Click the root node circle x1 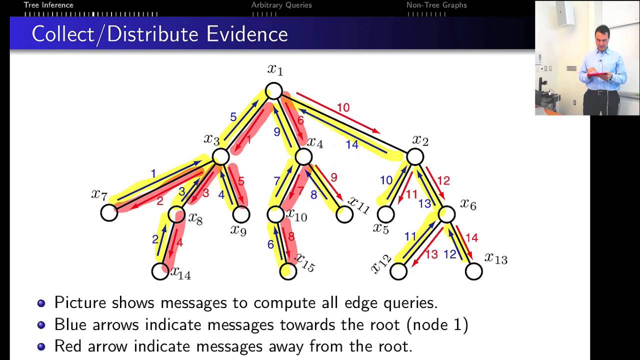(x=274, y=91)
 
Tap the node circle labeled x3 (x=220, y=156)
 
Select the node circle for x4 (x=303, y=156)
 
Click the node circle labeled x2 (x=415, y=156)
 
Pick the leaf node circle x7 (x=109, y=213)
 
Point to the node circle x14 (x=160, y=271)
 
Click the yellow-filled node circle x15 (x=288, y=271)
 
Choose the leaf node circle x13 (x=473, y=271)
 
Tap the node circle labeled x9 (x=241, y=214)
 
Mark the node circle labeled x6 (x=446, y=214)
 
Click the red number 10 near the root (x=343, y=107)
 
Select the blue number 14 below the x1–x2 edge (x=352, y=145)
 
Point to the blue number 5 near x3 (x=233, y=117)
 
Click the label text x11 (x=358, y=205)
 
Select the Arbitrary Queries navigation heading (x=281, y=5)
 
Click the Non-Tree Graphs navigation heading (x=436, y=5)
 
